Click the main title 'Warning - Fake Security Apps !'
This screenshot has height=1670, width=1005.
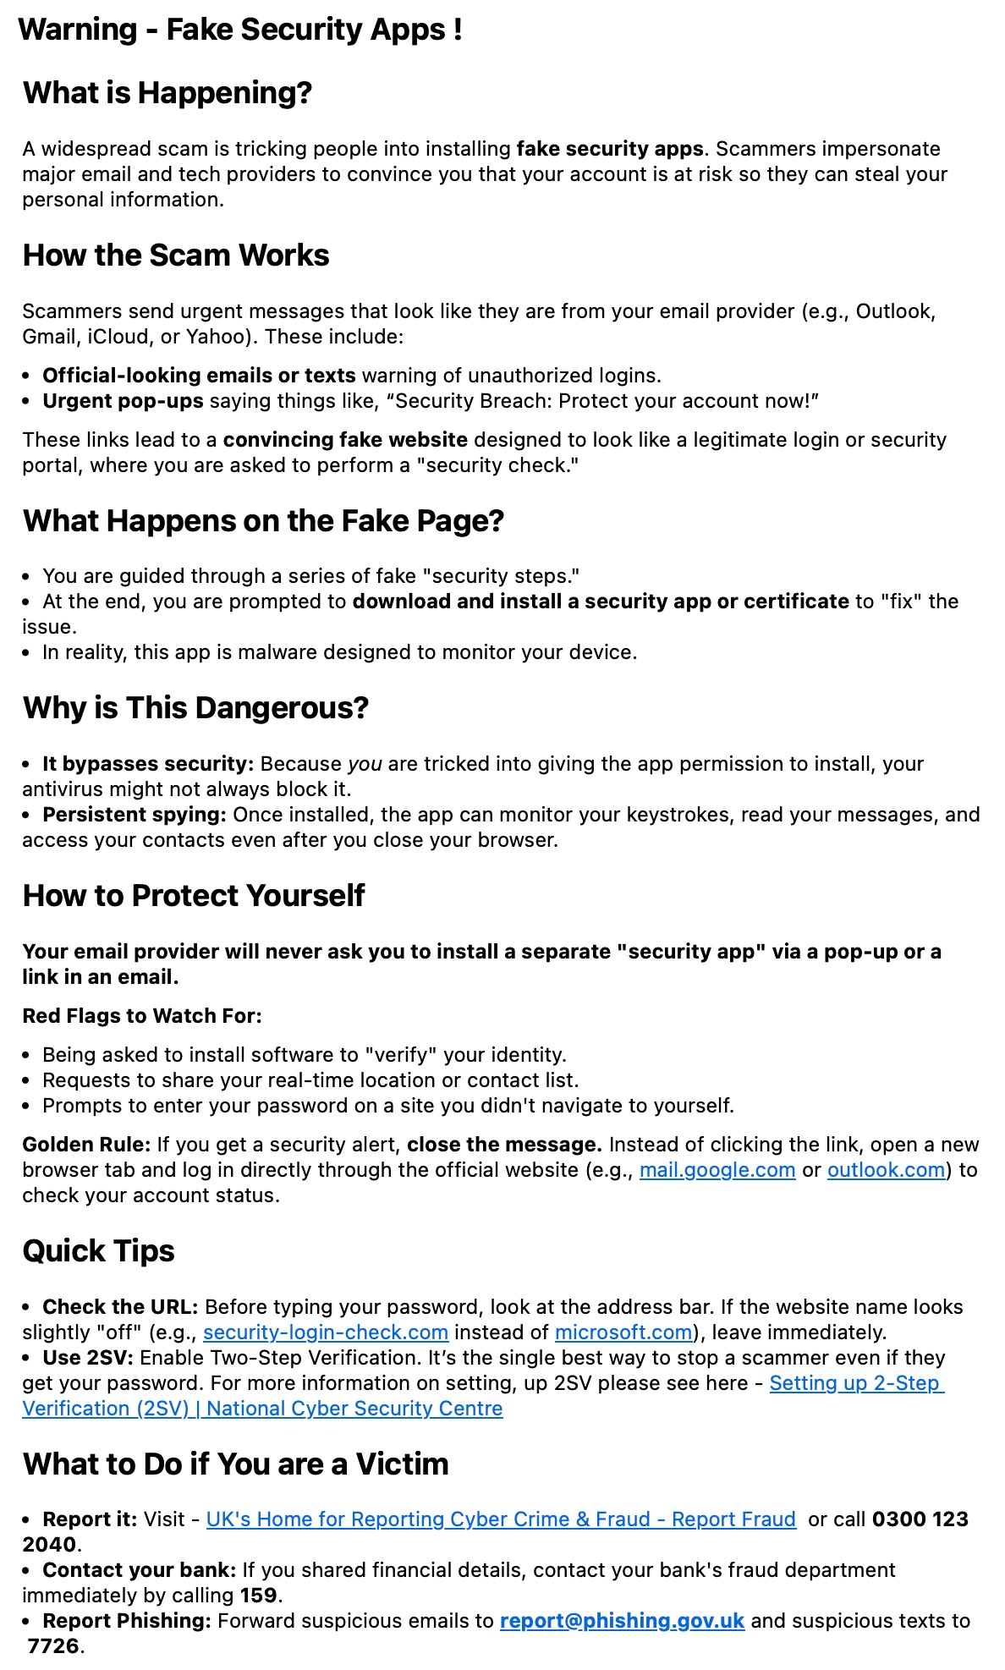240,30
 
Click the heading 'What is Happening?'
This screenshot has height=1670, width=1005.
167,93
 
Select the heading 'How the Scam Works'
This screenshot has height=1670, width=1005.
176,255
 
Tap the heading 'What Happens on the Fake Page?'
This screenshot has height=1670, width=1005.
263,521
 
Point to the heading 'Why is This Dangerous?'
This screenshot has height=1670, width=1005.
195,708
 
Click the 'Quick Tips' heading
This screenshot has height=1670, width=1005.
98,1251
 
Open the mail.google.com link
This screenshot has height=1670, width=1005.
717,1170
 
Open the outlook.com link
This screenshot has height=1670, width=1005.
886,1170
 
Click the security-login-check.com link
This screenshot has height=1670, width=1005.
325,1332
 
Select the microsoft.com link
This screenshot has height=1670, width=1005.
623,1332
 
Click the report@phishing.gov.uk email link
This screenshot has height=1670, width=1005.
622,1621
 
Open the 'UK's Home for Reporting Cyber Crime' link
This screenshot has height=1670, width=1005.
501,1519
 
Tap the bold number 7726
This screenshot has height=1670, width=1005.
54,1646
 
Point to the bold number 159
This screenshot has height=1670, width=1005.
258,1596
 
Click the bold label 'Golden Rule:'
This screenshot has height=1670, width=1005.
86,1145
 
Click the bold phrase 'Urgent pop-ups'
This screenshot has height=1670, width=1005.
123,401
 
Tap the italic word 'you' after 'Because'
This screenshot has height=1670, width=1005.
365,764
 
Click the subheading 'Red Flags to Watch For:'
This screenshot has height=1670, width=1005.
142,1016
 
